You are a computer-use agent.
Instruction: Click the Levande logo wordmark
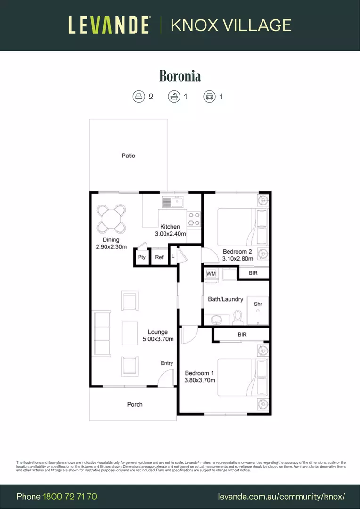click(109, 25)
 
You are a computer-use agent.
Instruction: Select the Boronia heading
click(180, 76)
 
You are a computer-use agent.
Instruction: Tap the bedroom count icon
click(138, 97)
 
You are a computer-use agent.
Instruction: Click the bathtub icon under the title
click(174, 97)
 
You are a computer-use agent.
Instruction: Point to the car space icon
click(209, 97)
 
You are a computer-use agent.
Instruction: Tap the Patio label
click(128, 156)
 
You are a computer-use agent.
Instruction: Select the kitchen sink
click(173, 203)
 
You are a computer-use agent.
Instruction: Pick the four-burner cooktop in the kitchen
click(194, 219)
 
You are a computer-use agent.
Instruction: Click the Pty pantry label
click(142, 257)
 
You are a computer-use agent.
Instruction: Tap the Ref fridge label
click(159, 257)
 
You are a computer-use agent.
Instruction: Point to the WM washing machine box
click(211, 273)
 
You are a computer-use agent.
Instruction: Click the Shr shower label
click(258, 304)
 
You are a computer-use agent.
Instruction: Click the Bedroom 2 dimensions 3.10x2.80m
click(238, 259)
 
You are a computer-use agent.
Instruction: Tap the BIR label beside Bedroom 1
click(242, 335)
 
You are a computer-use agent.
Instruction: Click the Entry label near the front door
click(167, 363)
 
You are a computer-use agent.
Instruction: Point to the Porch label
click(135, 404)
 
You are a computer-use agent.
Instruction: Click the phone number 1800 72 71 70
click(70, 497)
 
